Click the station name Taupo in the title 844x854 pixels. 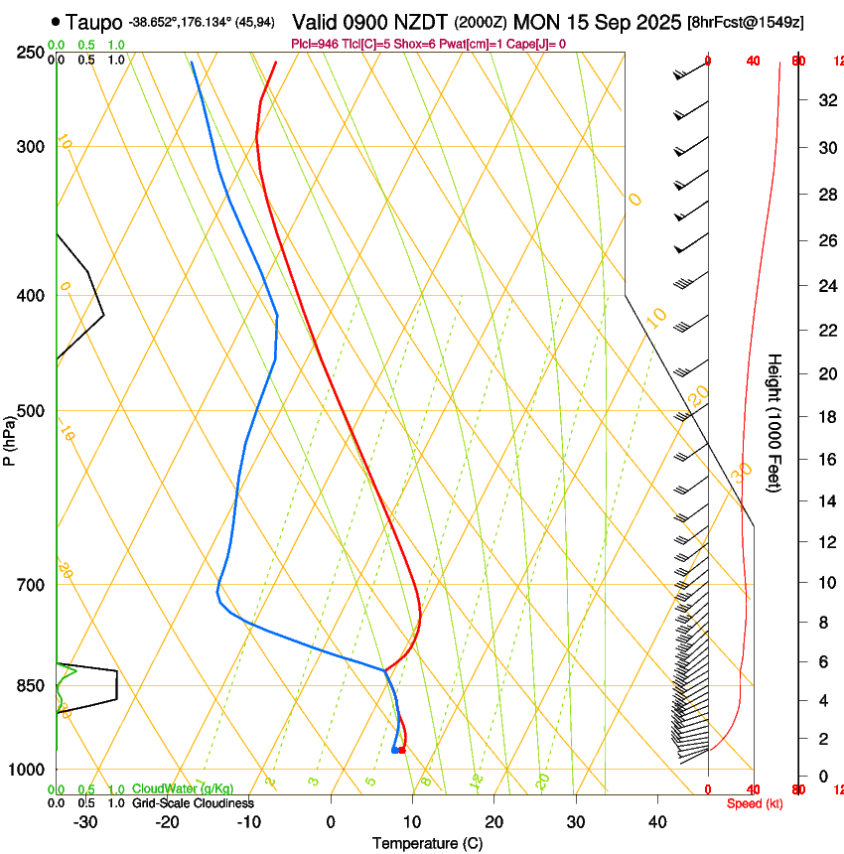tap(94, 22)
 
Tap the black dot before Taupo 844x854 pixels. tap(55, 21)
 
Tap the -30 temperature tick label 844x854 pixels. tap(85, 821)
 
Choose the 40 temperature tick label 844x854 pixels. tap(656, 821)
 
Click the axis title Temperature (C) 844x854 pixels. tap(427, 843)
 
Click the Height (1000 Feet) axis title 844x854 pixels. tap(774, 423)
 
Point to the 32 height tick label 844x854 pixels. tap(825, 99)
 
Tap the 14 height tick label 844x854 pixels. tap(825, 501)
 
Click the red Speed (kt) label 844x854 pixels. tap(755, 803)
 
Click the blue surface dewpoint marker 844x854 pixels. tap(394, 750)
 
